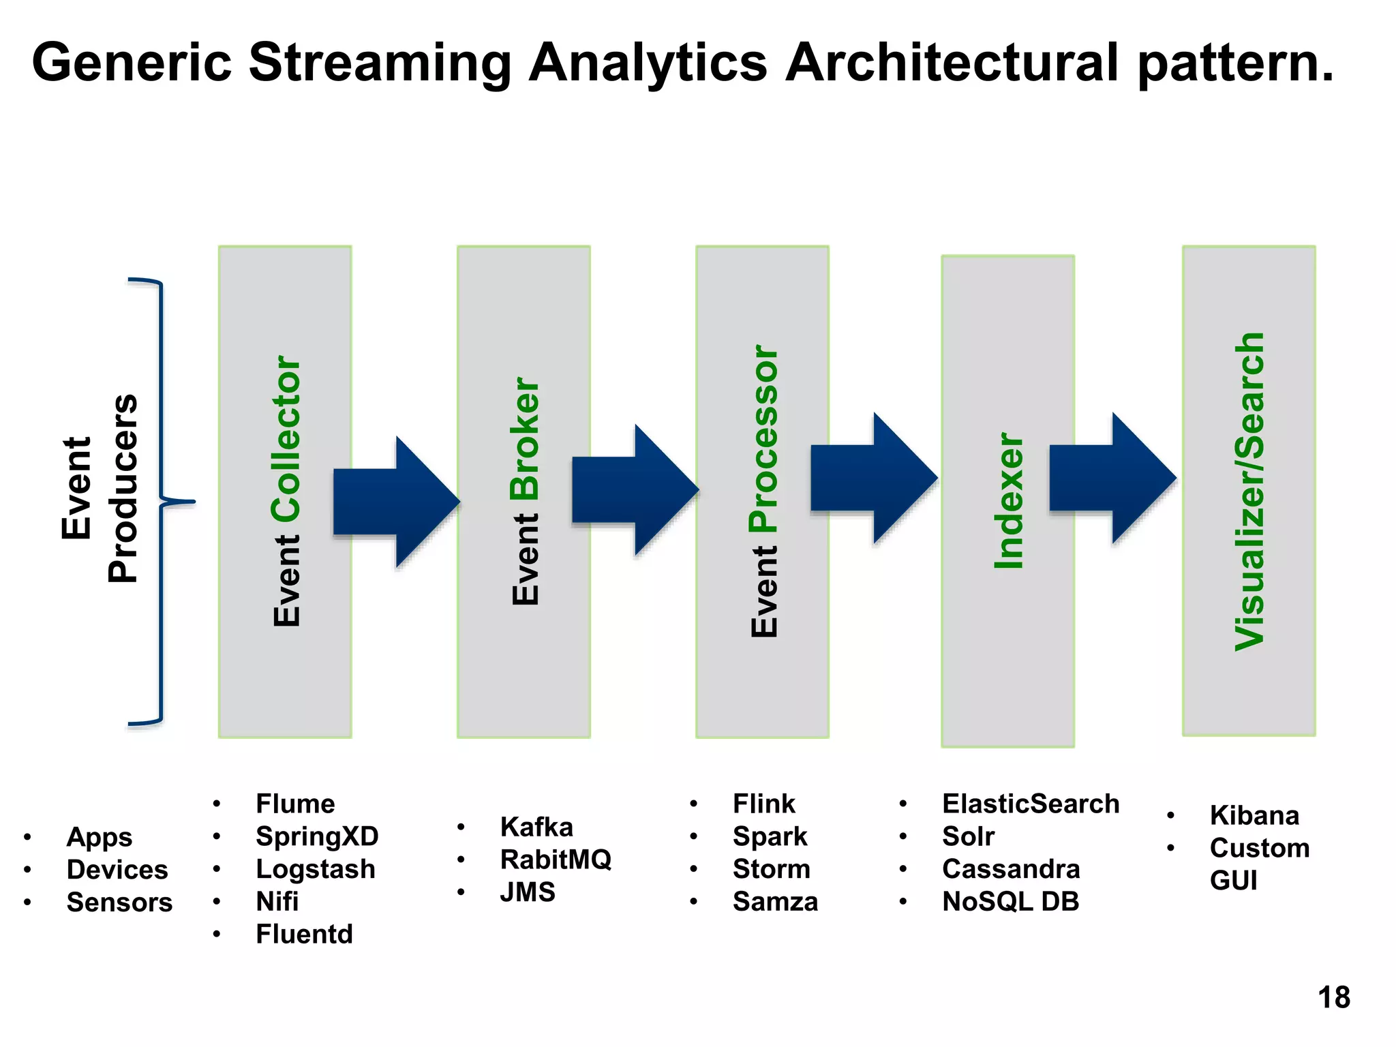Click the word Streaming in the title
380,63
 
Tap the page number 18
1333,997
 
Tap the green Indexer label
1010,501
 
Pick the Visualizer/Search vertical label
1249,491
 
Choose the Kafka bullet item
536,827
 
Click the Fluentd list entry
304,934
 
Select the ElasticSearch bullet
1030,804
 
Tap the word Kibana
1254,815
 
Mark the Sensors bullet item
119,902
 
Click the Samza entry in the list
775,901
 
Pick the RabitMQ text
556,859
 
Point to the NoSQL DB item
1010,901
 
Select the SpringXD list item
317,836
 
